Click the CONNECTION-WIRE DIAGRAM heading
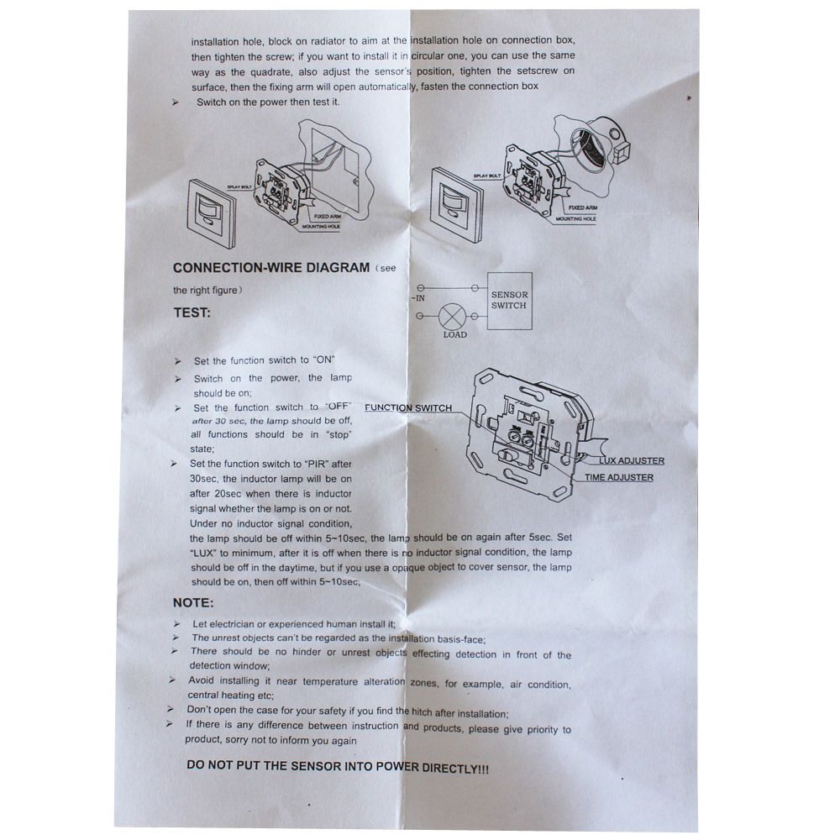click(x=271, y=267)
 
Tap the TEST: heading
click(x=192, y=312)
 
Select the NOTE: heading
click(x=193, y=602)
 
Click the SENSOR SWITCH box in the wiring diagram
click(x=510, y=301)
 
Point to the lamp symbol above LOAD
click(x=449, y=316)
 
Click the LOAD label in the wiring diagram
click(x=454, y=335)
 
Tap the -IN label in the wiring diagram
click(x=417, y=298)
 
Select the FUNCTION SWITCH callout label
click(x=408, y=407)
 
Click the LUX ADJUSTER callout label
click(x=632, y=460)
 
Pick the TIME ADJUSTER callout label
click(x=619, y=477)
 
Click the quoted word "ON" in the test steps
click(x=324, y=360)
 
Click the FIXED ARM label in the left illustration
click(x=328, y=217)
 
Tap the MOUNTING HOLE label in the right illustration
click(x=575, y=219)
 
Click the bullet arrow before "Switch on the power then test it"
click(x=176, y=102)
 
